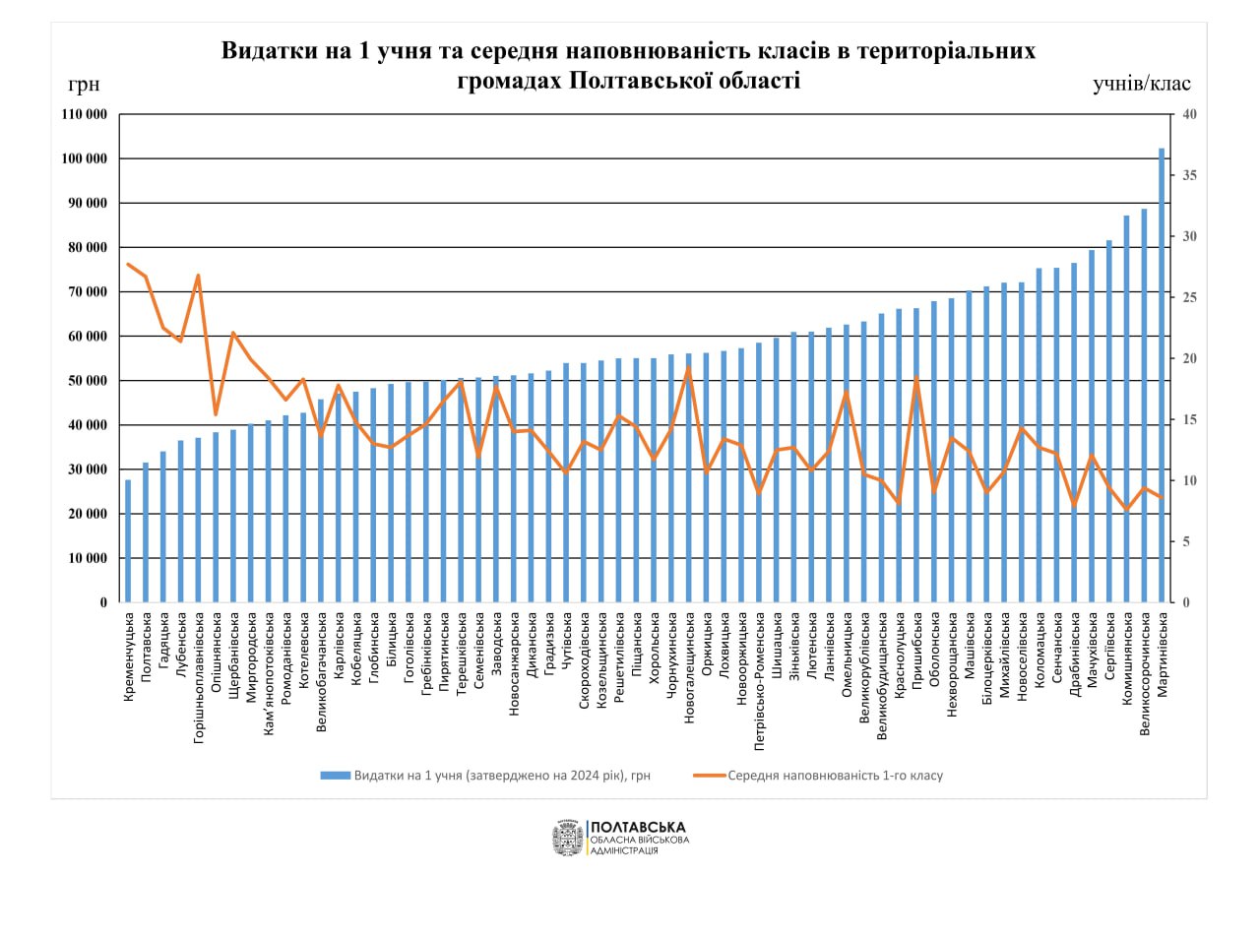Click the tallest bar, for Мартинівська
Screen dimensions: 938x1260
click(1162, 374)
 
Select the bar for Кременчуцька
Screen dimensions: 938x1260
click(128, 541)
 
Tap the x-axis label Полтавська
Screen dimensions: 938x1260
click(146, 647)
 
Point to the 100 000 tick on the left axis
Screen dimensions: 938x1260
click(85, 158)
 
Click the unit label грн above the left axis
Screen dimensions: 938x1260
click(84, 85)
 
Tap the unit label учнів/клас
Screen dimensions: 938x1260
click(1141, 85)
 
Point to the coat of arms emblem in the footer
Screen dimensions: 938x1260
click(568, 839)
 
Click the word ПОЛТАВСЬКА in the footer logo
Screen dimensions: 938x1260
click(637, 827)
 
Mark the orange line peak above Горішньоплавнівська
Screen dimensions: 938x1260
click(198, 276)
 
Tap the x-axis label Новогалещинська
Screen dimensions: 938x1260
click(689, 668)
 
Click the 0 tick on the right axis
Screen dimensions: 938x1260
click(1186, 602)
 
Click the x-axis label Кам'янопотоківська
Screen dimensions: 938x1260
click(269, 674)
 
